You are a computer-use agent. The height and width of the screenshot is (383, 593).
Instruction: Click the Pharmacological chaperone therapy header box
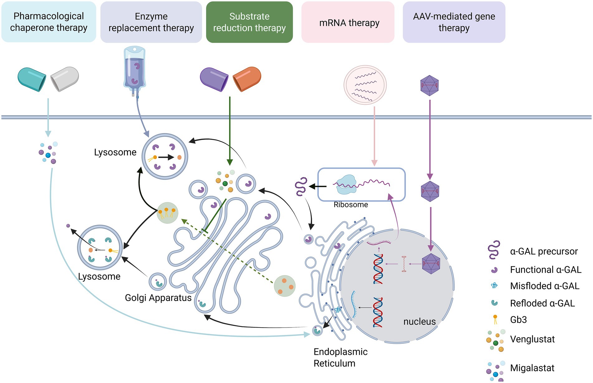49,22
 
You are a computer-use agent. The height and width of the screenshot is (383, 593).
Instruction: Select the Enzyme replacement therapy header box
151,22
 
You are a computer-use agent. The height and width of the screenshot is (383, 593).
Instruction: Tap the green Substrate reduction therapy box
249,22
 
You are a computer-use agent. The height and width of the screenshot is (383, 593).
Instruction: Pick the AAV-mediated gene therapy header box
454,22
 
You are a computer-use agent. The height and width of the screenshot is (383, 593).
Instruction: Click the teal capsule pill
32,79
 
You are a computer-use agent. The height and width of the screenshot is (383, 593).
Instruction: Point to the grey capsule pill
65,79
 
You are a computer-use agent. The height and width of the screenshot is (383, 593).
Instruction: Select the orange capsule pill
247,79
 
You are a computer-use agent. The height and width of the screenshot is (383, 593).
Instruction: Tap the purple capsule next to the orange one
214,79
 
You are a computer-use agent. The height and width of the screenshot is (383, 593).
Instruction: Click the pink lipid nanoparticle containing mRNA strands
365,85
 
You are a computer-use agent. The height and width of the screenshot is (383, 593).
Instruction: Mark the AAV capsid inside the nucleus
431,264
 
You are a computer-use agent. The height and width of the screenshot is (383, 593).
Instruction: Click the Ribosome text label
351,205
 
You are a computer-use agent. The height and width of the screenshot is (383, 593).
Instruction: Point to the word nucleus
419,321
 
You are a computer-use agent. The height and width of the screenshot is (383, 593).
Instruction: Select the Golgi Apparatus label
158,298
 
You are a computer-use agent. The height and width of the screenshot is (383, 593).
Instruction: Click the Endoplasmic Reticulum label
340,357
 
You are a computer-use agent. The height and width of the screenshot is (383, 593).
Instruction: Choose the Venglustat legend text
532,339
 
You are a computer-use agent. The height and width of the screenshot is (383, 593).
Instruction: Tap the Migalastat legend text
532,368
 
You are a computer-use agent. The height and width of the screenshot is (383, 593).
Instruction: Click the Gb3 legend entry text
518,320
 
